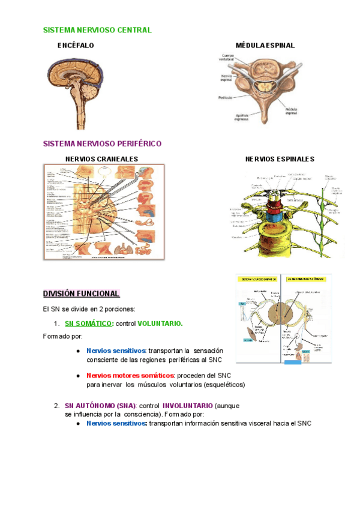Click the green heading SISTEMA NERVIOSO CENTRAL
(97, 30)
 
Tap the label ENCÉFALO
(76, 46)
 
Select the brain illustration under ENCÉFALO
(78, 89)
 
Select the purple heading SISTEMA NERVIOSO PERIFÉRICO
(102, 144)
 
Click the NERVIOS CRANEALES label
(101, 159)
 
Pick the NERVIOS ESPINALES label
(280, 159)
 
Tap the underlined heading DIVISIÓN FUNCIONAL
(81, 294)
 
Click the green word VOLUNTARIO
(160, 324)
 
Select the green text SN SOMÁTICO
(89, 324)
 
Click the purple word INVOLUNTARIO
(187, 405)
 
